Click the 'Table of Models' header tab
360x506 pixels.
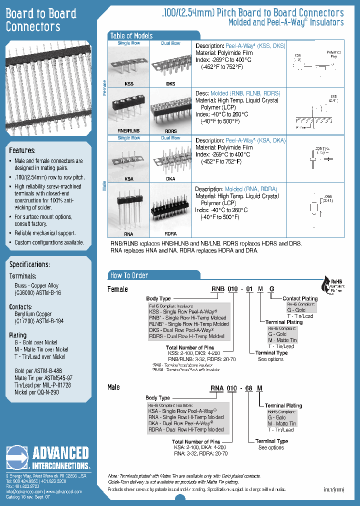[x=131, y=35]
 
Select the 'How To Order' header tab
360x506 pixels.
[x=129, y=275]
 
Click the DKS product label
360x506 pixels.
[x=170, y=84]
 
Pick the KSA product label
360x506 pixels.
[x=128, y=178]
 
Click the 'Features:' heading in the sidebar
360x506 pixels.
[x=22, y=150]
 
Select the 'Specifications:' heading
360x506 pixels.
[x=29, y=264]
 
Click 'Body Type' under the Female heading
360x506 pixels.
[x=158, y=298]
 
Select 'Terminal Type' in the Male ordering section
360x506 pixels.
[x=271, y=441]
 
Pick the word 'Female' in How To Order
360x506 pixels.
[x=118, y=289]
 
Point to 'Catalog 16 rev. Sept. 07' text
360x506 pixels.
[x=28, y=497]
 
